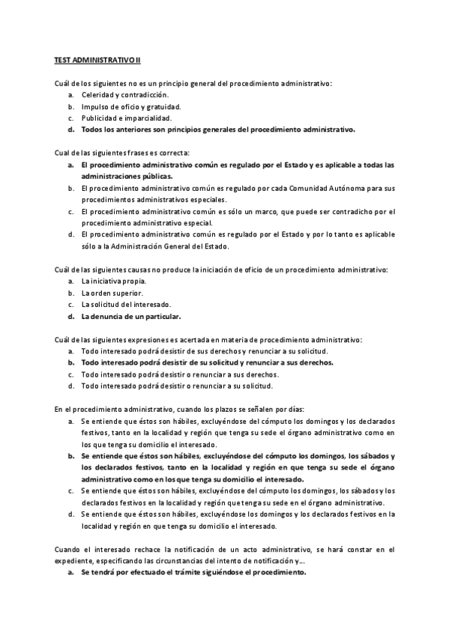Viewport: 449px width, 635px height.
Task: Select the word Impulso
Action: point(96,106)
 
